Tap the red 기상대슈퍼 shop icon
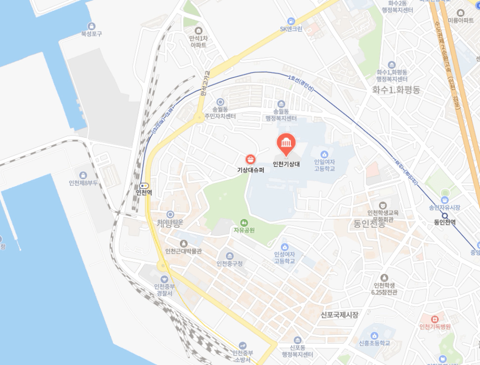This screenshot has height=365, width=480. pyautogui.click(x=251, y=159)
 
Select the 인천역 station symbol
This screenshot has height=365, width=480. pyautogui.click(x=144, y=185)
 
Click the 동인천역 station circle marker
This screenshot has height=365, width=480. pyautogui.click(x=445, y=215)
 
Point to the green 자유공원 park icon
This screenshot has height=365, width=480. pyautogui.click(x=243, y=223)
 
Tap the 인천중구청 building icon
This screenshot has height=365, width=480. pyautogui.click(x=229, y=256)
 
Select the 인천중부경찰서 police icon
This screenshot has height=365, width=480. pyautogui.click(x=164, y=279)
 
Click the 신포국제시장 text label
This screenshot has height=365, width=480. pyautogui.click(x=340, y=315)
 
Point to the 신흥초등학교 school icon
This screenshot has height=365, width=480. pyautogui.click(x=374, y=334)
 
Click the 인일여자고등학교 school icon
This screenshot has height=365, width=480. pyautogui.click(x=324, y=154)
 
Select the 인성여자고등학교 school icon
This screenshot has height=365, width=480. pyautogui.click(x=284, y=247)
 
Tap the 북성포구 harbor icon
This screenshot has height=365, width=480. pyautogui.click(x=92, y=26)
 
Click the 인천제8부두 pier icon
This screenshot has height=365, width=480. pyautogui.click(x=83, y=175)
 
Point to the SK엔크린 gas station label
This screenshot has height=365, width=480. pyautogui.click(x=291, y=29)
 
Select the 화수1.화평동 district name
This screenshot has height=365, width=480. pyautogui.click(x=396, y=90)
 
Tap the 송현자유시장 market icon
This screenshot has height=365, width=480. pyautogui.click(x=445, y=199)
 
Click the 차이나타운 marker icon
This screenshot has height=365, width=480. pyautogui.click(x=170, y=214)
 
